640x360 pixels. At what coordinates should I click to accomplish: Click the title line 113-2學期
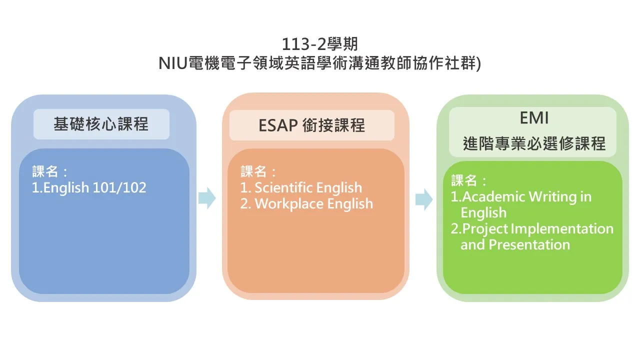[319, 44]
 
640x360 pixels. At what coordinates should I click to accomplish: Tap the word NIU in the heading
[172, 63]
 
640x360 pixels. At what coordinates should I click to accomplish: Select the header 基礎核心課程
[101, 124]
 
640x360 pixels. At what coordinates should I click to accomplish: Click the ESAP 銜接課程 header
[311, 125]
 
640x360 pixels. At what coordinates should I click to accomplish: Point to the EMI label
[534, 117]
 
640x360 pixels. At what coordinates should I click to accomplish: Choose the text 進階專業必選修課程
[534, 143]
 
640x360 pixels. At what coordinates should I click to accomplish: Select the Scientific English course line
[301, 187]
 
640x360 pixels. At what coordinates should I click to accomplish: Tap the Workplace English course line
[306, 203]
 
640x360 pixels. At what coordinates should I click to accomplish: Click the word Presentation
[529, 244]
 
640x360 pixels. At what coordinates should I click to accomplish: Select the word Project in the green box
[484, 229]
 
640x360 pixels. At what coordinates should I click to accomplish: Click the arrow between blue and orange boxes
[207, 198]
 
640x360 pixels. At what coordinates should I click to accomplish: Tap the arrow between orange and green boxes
[424, 199]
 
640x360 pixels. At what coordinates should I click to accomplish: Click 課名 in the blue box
[45, 171]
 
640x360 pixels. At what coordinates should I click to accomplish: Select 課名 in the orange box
[253, 171]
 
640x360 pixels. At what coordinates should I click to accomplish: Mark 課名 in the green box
[464, 180]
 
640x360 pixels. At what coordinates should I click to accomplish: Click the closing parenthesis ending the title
[479, 63]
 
